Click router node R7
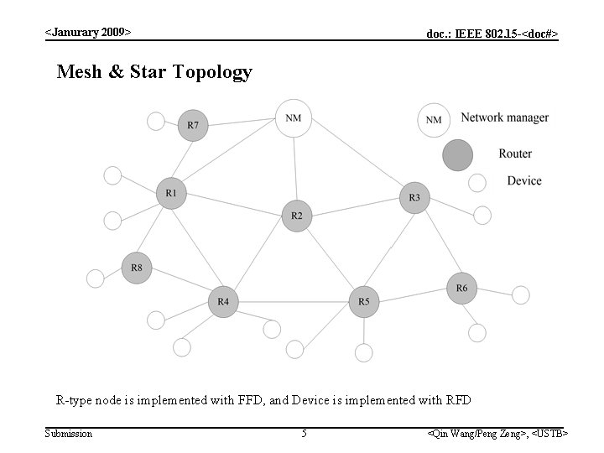click(193, 126)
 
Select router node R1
click(171, 194)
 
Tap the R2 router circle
click(296, 216)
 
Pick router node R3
click(414, 198)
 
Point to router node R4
click(223, 301)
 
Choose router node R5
click(363, 301)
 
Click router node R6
click(461, 289)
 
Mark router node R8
click(137, 268)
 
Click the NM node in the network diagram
click(293, 118)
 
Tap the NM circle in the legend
click(434, 120)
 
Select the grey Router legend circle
click(458, 155)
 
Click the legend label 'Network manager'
click(504, 118)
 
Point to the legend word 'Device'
click(524, 181)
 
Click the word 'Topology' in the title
click(212, 72)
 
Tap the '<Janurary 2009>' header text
click(88, 33)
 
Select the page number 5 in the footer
click(305, 434)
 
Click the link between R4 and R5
click(293, 301)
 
